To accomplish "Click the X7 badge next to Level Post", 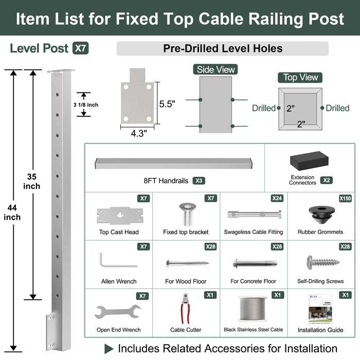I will point(80,49).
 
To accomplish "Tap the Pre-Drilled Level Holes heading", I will point(223,49).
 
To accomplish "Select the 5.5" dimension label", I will point(167,103).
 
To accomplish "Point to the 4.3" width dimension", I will point(138,133).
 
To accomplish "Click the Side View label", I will point(215,69).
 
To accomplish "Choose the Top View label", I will point(301,77).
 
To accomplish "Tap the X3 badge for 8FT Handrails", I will point(200,181).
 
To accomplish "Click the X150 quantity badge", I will point(346,198).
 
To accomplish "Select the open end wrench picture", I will point(118,312).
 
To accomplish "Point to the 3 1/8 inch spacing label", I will point(86,105).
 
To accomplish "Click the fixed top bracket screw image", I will point(186,213).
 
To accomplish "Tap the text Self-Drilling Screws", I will point(320,281).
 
